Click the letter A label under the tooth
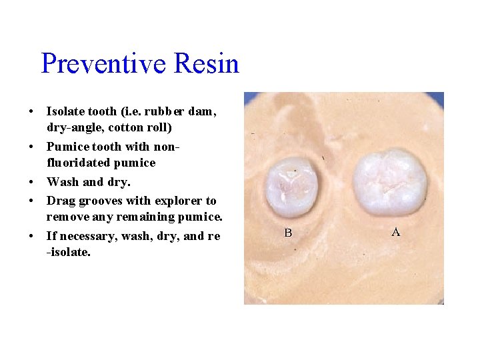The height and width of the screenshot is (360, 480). coord(395,232)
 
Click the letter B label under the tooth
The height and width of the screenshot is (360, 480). coord(288,233)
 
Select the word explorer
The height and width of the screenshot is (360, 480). coord(179,201)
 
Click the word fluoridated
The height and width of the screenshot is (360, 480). coord(79,163)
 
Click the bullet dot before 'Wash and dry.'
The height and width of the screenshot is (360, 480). coord(32,182)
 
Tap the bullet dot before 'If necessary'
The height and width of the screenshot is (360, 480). coord(32,236)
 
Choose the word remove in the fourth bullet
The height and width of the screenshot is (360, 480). coord(65,217)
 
